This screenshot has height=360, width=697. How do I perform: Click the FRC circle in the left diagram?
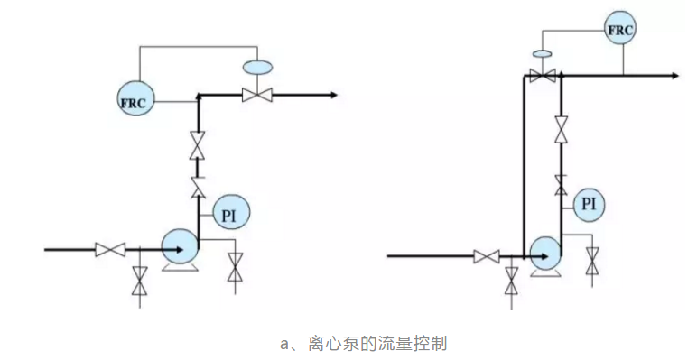(x=135, y=99)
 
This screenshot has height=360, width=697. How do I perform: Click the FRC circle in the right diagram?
(x=620, y=31)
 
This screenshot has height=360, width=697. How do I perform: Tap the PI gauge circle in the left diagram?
(x=230, y=212)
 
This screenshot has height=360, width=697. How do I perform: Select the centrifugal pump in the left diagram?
(x=179, y=245)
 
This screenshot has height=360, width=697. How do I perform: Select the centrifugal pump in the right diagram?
(x=545, y=253)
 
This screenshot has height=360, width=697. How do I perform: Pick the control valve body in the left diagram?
(x=257, y=94)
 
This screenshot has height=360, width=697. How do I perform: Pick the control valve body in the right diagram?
(x=542, y=77)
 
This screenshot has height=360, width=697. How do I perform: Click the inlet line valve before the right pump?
(x=488, y=257)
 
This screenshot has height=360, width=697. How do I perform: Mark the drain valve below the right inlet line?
(x=512, y=280)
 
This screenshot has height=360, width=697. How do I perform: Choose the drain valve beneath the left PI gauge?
(x=236, y=268)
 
